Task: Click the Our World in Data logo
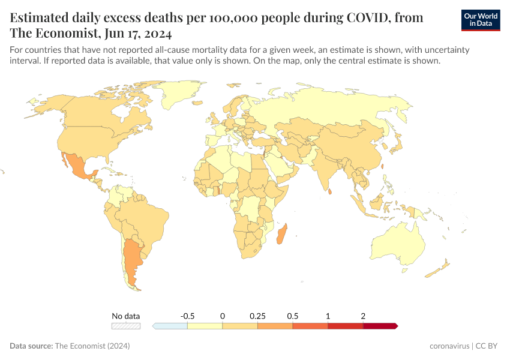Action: [480, 20]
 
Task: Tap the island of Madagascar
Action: [281, 233]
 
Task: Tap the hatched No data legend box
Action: [126, 326]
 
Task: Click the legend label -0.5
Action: [187, 316]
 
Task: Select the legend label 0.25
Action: [257, 316]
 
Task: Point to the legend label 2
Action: [363, 316]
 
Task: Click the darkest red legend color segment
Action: [380, 326]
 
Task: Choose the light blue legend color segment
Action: [170, 326]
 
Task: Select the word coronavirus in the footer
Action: [450, 346]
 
